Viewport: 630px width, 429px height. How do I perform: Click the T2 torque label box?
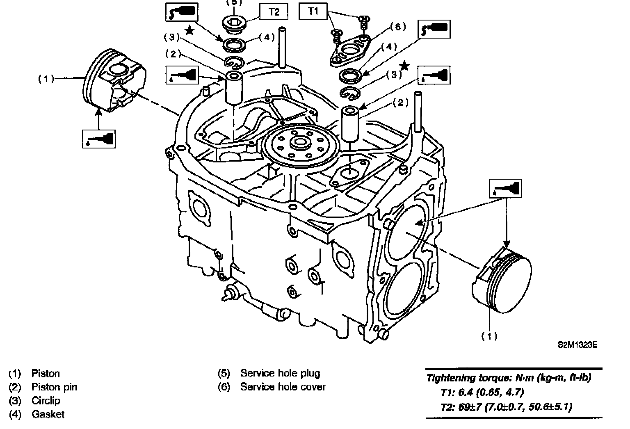click(x=274, y=12)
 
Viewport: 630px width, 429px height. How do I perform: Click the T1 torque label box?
click(x=313, y=11)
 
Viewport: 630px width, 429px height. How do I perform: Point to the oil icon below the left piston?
click(x=98, y=138)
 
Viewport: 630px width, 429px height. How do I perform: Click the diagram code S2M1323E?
click(x=577, y=345)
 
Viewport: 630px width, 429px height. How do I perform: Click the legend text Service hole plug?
click(x=280, y=373)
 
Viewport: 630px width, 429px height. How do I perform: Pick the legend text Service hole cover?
click(x=283, y=387)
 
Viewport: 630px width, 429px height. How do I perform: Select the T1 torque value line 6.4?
click(x=482, y=392)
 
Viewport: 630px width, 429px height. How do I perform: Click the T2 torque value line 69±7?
click(x=506, y=407)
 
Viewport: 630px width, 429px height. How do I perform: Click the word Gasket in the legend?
click(x=48, y=414)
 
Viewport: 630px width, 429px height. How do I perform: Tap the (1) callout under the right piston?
click(x=489, y=336)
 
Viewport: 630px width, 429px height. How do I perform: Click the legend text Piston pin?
click(x=54, y=387)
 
